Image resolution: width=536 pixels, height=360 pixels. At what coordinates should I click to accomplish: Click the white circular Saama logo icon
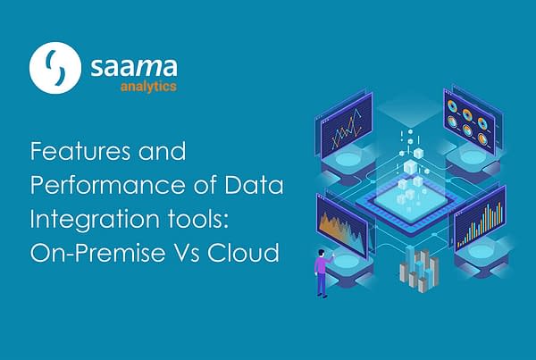[55, 68]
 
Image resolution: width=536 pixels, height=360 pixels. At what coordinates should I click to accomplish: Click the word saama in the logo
[134, 67]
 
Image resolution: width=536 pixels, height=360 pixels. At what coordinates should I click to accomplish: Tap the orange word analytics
[148, 86]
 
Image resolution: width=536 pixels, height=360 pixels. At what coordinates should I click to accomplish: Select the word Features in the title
[80, 151]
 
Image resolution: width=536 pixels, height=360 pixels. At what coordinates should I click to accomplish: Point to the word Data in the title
[254, 185]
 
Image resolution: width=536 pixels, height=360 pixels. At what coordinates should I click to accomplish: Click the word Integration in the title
[95, 220]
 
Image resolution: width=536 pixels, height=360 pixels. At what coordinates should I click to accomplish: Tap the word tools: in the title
[197, 219]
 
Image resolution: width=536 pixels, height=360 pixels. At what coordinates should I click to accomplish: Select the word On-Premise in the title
[97, 252]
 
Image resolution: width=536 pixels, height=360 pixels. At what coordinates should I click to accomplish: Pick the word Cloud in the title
[243, 252]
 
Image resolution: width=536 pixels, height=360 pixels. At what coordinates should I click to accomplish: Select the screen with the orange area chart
[342, 225]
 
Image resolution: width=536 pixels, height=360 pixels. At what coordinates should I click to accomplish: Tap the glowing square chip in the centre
[411, 205]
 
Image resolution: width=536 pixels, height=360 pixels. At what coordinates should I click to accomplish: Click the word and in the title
[162, 151]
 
